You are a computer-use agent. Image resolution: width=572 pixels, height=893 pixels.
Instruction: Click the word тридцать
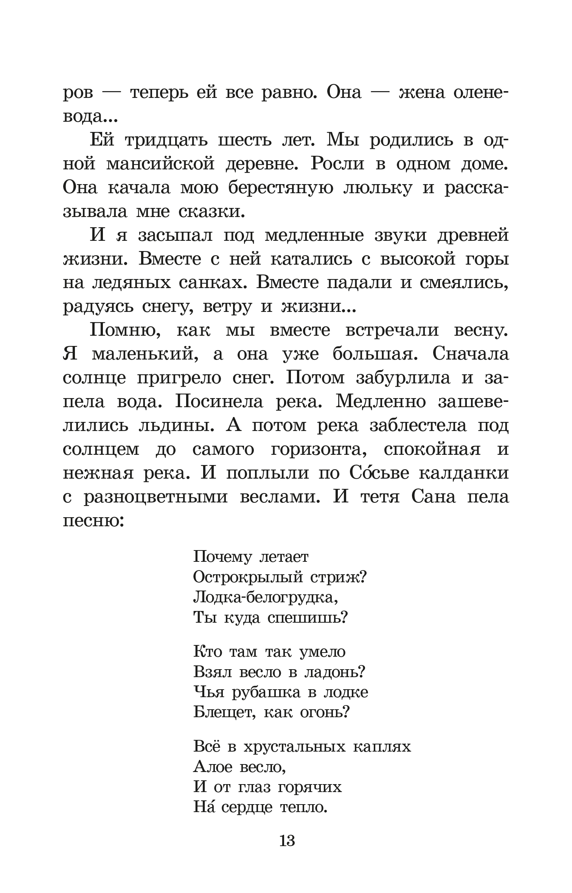tap(166, 141)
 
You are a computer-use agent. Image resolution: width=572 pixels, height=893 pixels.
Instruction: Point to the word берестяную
tap(280, 188)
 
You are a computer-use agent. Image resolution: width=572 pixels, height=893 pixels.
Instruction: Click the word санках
tap(211, 283)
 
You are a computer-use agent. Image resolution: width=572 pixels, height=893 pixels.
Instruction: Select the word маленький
tap(146, 354)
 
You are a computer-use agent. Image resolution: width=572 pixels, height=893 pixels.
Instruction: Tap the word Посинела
tap(219, 402)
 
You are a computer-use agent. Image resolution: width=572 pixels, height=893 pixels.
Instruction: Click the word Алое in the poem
tap(212, 767)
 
